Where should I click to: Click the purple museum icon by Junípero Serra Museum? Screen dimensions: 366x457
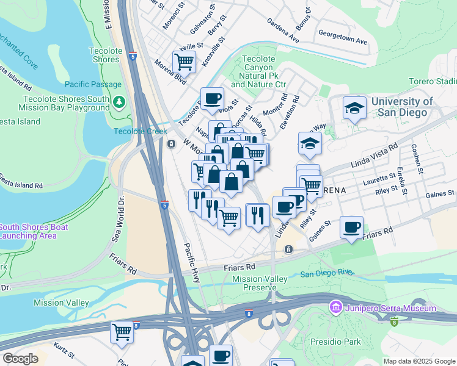click(x=334, y=308)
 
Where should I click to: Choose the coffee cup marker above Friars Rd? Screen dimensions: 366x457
click(x=351, y=228)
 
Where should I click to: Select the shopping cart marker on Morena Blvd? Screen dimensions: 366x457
click(x=183, y=62)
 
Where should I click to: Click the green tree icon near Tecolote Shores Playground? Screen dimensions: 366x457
click(x=120, y=101)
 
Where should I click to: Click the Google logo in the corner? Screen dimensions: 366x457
click(x=20, y=359)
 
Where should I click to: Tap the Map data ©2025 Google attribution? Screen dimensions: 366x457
click(x=419, y=361)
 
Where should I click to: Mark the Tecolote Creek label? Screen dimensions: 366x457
click(x=140, y=131)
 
